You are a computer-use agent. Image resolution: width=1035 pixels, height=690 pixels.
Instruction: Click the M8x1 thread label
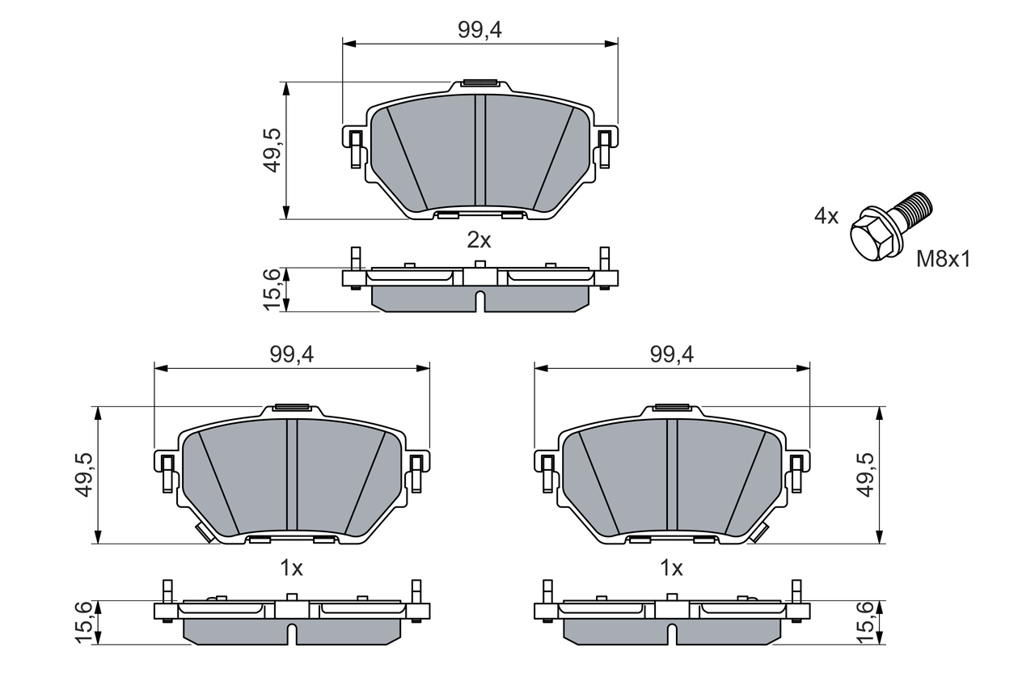(942, 259)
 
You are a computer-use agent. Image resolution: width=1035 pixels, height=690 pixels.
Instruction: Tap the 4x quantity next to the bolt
(826, 216)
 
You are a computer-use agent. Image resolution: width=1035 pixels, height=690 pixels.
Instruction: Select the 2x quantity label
(479, 240)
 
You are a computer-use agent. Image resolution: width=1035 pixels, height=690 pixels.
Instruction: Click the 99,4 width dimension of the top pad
(479, 30)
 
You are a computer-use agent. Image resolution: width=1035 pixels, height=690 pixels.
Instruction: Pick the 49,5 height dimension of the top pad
(272, 150)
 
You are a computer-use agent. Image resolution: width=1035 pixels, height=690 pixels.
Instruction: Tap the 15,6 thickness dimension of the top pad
(272, 289)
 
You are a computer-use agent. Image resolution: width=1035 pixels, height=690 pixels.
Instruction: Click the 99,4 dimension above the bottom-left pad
(291, 354)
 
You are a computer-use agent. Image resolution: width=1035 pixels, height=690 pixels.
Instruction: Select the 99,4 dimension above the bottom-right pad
(671, 354)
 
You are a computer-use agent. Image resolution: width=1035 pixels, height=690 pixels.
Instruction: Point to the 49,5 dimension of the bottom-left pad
(83, 475)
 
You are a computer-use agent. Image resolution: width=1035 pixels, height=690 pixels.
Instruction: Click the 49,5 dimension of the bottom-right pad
(865, 475)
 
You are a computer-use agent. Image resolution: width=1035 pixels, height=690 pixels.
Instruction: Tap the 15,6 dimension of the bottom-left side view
(83, 622)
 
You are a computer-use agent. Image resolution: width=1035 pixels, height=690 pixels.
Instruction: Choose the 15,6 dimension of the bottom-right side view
(865, 622)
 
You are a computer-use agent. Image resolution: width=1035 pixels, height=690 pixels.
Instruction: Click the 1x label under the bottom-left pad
(291, 569)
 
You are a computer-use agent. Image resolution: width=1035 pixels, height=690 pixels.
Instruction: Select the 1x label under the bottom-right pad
(671, 569)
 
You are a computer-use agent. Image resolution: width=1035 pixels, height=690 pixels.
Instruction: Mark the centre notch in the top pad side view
(479, 301)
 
